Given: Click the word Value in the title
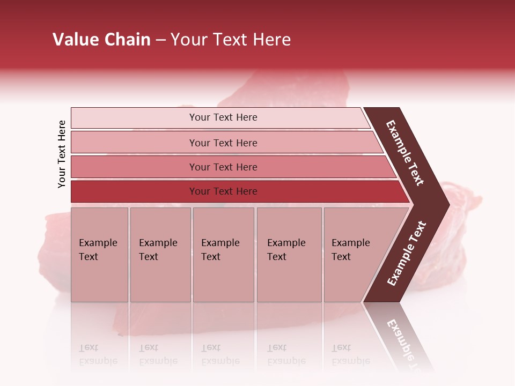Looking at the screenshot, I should coord(75,40).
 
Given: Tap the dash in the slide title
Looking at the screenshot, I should coord(160,40).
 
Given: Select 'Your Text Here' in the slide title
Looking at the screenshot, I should coord(231,40).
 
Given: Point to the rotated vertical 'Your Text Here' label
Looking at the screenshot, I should coord(62,154).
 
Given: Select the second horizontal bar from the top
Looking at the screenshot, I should coord(223,143).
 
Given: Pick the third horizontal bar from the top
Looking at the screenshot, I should coord(223,167).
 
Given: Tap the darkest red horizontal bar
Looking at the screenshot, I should coord(223,191).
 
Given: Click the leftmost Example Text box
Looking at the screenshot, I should coord(99,255).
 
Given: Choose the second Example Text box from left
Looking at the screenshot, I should coord(160,255).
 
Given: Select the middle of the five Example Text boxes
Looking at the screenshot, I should coord(223,255).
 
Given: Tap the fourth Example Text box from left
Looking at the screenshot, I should coord(289,255).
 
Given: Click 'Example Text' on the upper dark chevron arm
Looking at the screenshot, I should coord(405,153).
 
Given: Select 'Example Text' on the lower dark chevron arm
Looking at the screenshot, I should coord(407,253).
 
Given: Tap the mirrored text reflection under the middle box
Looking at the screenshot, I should coord(219,354).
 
